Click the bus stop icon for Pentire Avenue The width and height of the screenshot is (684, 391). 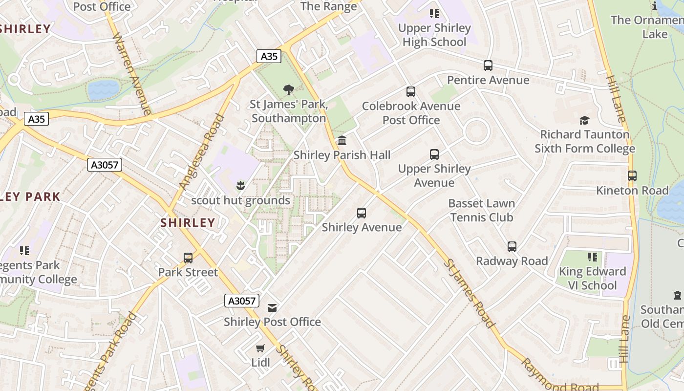click(488, 65)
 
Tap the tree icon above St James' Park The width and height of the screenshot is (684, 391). click(289, 90)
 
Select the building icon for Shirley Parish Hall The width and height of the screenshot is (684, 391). click(342, 141)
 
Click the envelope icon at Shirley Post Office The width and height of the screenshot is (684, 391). click(272, 307)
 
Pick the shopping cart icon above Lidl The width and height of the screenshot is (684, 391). click(260, 348)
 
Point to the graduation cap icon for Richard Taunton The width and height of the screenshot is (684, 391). click(584, 120)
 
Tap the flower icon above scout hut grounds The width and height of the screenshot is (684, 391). click(240, 186)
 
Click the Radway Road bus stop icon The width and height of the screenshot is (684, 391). click(512, 246)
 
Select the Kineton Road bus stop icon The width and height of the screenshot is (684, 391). click(632, 176)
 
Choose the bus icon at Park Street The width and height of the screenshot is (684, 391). click(188, 258)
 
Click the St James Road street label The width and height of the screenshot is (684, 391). click(469, 293)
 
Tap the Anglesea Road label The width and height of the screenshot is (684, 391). click(201, 152)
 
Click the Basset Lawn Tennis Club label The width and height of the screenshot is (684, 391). click(481, 210)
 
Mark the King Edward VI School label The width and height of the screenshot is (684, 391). click(592, 278)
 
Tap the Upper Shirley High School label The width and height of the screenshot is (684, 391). click(434, 35)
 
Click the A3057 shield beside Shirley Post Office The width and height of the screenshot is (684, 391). click(242, 301)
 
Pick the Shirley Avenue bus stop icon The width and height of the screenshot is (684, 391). click(362, 213)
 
